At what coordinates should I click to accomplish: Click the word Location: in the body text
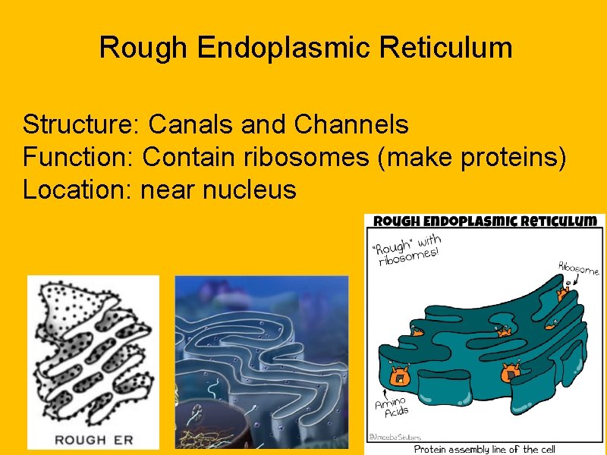[78, 190]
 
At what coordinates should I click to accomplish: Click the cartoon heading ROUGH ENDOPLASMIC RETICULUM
[484, 221]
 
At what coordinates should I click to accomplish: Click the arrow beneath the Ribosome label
[569, 282]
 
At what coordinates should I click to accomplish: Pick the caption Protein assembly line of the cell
[484, 448]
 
